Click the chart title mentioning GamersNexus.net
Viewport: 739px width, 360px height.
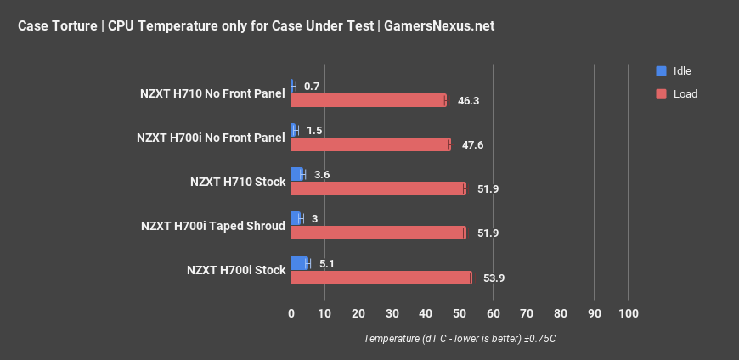point(256,25)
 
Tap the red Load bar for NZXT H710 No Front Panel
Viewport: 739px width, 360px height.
point(368,100)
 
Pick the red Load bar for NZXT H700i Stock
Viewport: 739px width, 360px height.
point(381,278)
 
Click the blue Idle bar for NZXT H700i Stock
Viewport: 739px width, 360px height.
point(299,263)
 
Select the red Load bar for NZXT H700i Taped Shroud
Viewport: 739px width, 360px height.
point(378,233)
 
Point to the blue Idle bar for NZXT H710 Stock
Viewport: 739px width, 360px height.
point(296,175)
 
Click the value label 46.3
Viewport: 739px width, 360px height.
point(468,101)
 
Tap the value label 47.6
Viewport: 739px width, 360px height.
point(472,145)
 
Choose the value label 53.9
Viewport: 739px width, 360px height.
point(494,278)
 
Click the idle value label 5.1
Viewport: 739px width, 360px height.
point(328,263)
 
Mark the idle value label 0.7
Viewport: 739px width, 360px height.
point(311,87)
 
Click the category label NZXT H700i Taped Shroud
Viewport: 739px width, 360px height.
point(213,226)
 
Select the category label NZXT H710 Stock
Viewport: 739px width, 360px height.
point(238,182)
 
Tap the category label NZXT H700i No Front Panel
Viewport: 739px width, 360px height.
point(211,138)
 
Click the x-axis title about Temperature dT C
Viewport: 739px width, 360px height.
point(460,339)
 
